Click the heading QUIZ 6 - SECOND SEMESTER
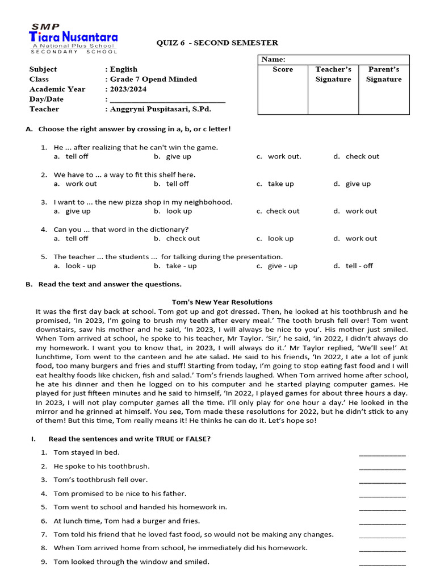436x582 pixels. (x=217, y=43)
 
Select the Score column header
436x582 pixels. (x=283, y=69)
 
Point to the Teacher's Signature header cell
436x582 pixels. (x=333, y=74)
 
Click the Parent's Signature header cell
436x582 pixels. (x=384, y=74)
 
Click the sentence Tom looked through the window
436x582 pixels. (x=131, y=562)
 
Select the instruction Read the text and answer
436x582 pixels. (x=110, y=284)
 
